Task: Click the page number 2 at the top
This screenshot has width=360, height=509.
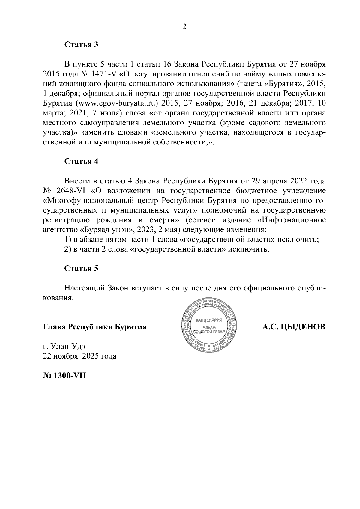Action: tap(184, 27)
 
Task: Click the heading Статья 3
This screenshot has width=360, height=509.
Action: tap(82, 45)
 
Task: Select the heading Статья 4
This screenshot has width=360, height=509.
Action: tap(82, 161)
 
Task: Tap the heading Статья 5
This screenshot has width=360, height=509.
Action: tap(82, 268)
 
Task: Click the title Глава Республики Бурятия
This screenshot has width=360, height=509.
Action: tap(95, 327)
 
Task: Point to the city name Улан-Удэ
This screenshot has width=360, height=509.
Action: tap(68, 347)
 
